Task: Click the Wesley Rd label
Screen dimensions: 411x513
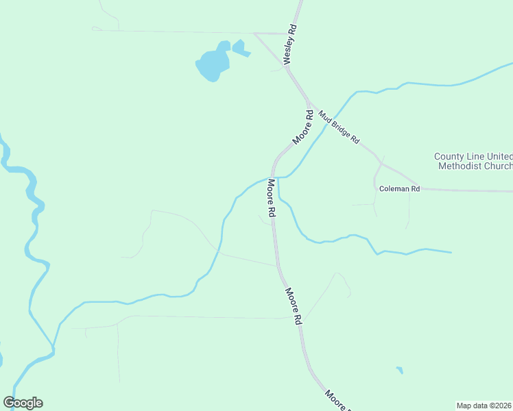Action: [291, 45]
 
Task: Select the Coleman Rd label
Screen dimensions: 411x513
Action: [399, 188]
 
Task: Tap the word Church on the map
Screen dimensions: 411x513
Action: [499, 166]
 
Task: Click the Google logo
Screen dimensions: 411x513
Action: [23, 403]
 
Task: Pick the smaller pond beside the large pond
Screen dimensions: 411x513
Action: [239, 48]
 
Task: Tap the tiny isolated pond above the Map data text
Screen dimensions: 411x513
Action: [399, 371]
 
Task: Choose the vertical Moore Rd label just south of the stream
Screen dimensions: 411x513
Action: [272, 199]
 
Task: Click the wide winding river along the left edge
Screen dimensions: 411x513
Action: [32, 206]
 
